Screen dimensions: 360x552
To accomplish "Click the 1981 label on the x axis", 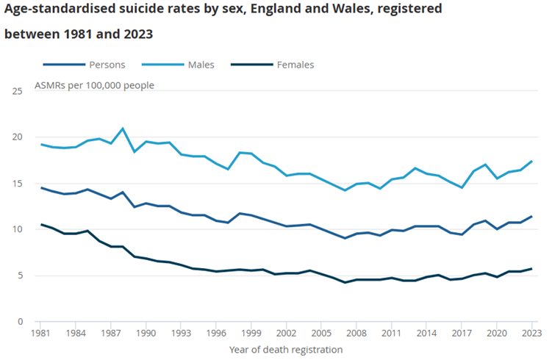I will point(40,334).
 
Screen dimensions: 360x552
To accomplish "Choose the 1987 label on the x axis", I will point(111,334).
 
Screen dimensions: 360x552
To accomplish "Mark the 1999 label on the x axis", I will point(251,334).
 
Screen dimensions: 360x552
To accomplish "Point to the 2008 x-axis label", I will point(356,334).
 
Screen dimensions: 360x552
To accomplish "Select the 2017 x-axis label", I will point(462,334).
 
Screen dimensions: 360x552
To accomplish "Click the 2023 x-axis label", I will point(531,334).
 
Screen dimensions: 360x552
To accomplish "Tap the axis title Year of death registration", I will point(286,350).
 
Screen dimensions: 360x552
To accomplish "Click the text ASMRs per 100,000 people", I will point(94,85).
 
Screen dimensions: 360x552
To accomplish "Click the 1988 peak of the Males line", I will point(123,129).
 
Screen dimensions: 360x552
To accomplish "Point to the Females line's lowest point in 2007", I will point(345,282).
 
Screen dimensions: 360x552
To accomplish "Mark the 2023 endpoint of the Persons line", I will point(531,217).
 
